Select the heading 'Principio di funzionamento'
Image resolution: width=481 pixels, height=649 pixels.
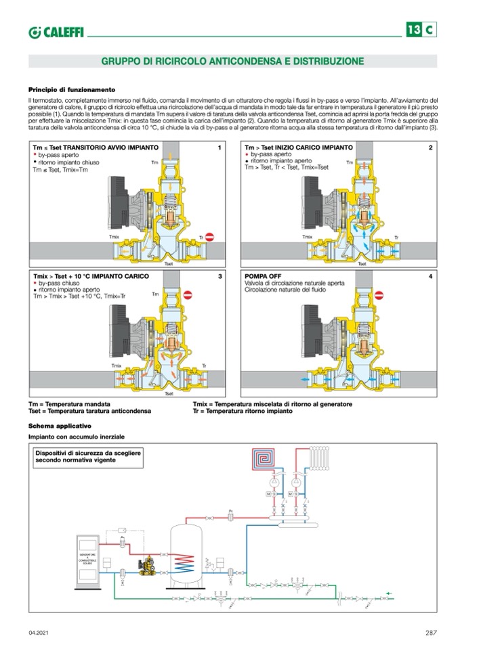pyautogui.click(x=72, y=89)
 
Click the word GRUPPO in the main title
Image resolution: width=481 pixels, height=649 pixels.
pyautogui.click(x=119, y=62)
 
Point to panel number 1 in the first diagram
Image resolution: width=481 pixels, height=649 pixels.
pyautogui.click(x=219, y=147)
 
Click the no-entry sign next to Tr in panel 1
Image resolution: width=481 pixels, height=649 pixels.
pyautogui.click(x=209, y=236)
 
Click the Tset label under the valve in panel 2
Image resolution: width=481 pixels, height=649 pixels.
pyautogui.click(x=361, y=263)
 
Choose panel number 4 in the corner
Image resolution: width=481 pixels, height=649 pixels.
pyautogui.click(x=430, y=277)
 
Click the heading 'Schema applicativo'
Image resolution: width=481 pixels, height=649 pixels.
pyautogui.click(x=60, y=426)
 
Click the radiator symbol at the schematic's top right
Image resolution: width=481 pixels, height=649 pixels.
pyautogui.click(x=321, y=460)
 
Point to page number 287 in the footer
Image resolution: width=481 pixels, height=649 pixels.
pyautogui.click(x=431, y=633)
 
